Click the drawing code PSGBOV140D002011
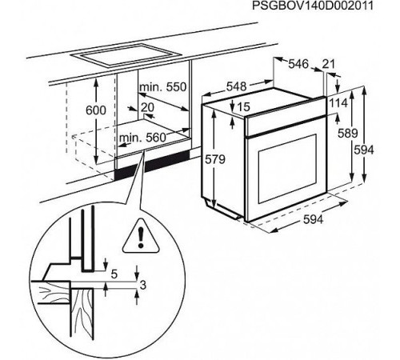pos(313,6)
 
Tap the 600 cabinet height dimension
pos(96,110)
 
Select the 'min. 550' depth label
pos(162,87)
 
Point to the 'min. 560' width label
pos(142,138)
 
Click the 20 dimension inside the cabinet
pos(147,107)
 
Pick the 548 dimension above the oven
pos(237,86)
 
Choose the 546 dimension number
pos(298,64)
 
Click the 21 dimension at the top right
pos(328,64)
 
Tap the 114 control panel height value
pos(338,103)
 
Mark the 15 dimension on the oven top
pos(243,107)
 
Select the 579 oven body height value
pos(215,159)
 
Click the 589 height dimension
pos(347,133)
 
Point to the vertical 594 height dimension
pos(364,150)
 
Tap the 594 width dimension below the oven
pos(314,219)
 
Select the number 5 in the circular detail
pos(114,274)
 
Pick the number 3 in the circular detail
pos(143,285)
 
